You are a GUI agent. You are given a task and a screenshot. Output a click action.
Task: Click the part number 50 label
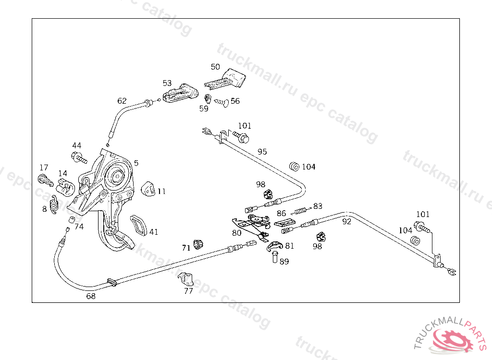215,67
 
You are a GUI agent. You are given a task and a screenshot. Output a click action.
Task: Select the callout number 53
167,83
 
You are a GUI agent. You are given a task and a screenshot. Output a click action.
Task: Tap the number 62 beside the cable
122,101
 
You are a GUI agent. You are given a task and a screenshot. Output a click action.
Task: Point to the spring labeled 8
55,204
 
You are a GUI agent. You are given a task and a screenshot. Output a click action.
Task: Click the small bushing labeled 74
71,221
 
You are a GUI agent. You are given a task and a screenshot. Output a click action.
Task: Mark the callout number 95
262,152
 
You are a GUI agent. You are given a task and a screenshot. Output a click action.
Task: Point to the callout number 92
346,221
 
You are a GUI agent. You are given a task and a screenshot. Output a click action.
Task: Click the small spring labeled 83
302,209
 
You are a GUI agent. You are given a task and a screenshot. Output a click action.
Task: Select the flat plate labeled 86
286,223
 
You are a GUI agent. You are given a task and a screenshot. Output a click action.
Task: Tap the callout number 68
91,296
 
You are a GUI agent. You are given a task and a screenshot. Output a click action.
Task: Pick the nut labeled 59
208,99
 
